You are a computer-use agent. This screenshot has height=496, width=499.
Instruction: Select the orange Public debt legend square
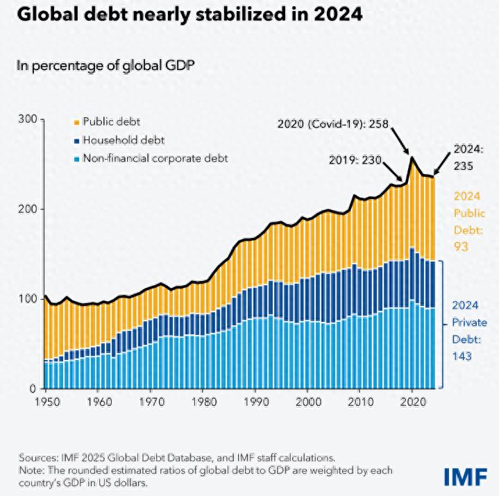[x=76, y=121]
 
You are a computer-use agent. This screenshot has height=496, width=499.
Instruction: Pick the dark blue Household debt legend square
[x=76, y=140]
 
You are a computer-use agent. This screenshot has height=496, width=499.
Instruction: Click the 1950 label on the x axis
[x=45, y=402]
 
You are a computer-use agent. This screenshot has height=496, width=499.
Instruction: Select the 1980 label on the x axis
[x=203, y=402]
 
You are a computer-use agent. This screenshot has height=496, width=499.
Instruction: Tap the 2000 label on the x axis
[x=307, y=402]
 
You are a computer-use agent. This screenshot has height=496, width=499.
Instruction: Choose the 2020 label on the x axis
[x=413, y=402]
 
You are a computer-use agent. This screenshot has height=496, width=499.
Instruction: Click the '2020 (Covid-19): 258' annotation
[x=332, y=124]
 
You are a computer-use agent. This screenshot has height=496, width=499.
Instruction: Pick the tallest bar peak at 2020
[x=412, y=160]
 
